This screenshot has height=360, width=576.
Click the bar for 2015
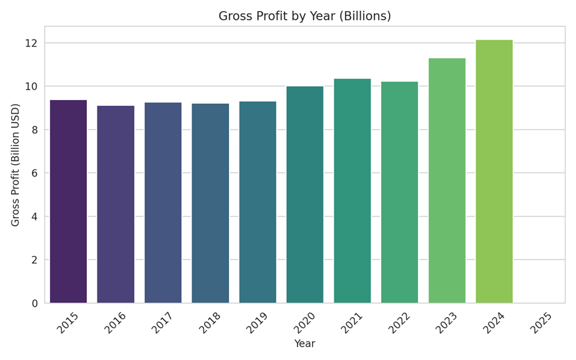pos(68,201)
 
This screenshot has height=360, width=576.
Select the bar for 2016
pos(116,204)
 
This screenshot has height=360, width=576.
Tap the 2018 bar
pos(211,203)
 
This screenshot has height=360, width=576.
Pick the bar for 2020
pos(305,195)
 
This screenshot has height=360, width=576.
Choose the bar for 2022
pos(400,192)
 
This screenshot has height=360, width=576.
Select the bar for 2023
pos(447,180)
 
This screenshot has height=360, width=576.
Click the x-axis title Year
pos(305,344)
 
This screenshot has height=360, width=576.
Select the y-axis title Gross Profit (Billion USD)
pos(16,165)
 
